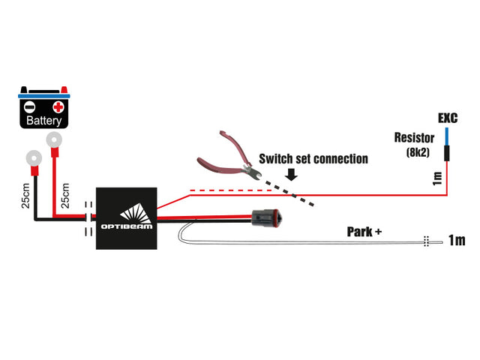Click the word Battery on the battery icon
[43, 120]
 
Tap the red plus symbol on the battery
[58, 107]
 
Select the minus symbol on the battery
[30, 107]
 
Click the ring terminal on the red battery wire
[54, 140]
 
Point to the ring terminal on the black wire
[34, 158]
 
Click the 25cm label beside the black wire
[25, 196]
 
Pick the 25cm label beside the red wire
[65, 196]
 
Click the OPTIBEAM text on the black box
[127, 226]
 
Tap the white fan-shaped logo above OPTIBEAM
[136, 213]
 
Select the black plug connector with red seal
[265, 218]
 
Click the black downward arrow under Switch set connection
[291, 174]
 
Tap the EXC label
[448, 118]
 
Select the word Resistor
[414, 138]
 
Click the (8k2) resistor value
[418, 152]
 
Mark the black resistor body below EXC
[447, 153]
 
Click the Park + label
[364, 232]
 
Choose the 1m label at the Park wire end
[457, 240]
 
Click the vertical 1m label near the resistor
[437, 178]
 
